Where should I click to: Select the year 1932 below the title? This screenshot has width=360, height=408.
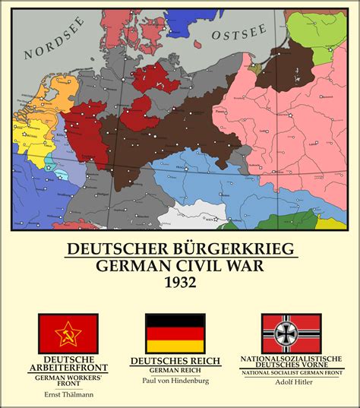tap(179, 282)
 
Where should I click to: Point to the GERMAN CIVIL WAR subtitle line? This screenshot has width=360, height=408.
tap(179, 266)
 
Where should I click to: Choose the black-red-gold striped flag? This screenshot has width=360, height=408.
tap(175, 333)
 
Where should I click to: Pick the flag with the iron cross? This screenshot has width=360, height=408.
tap(291, 333)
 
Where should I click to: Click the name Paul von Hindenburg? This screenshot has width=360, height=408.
tap(175, 381)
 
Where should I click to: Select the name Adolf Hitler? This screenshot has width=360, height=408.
tap(291, 382)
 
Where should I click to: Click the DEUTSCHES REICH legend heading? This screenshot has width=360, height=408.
tap(175, 361)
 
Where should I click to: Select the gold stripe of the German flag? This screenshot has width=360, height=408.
tap(175, 346)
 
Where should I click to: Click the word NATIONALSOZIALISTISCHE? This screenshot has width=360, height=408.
tap(291, 357)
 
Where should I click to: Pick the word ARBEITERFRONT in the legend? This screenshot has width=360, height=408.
tap(68, 368)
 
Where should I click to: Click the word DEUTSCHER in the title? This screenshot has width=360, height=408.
tap(120, 249)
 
